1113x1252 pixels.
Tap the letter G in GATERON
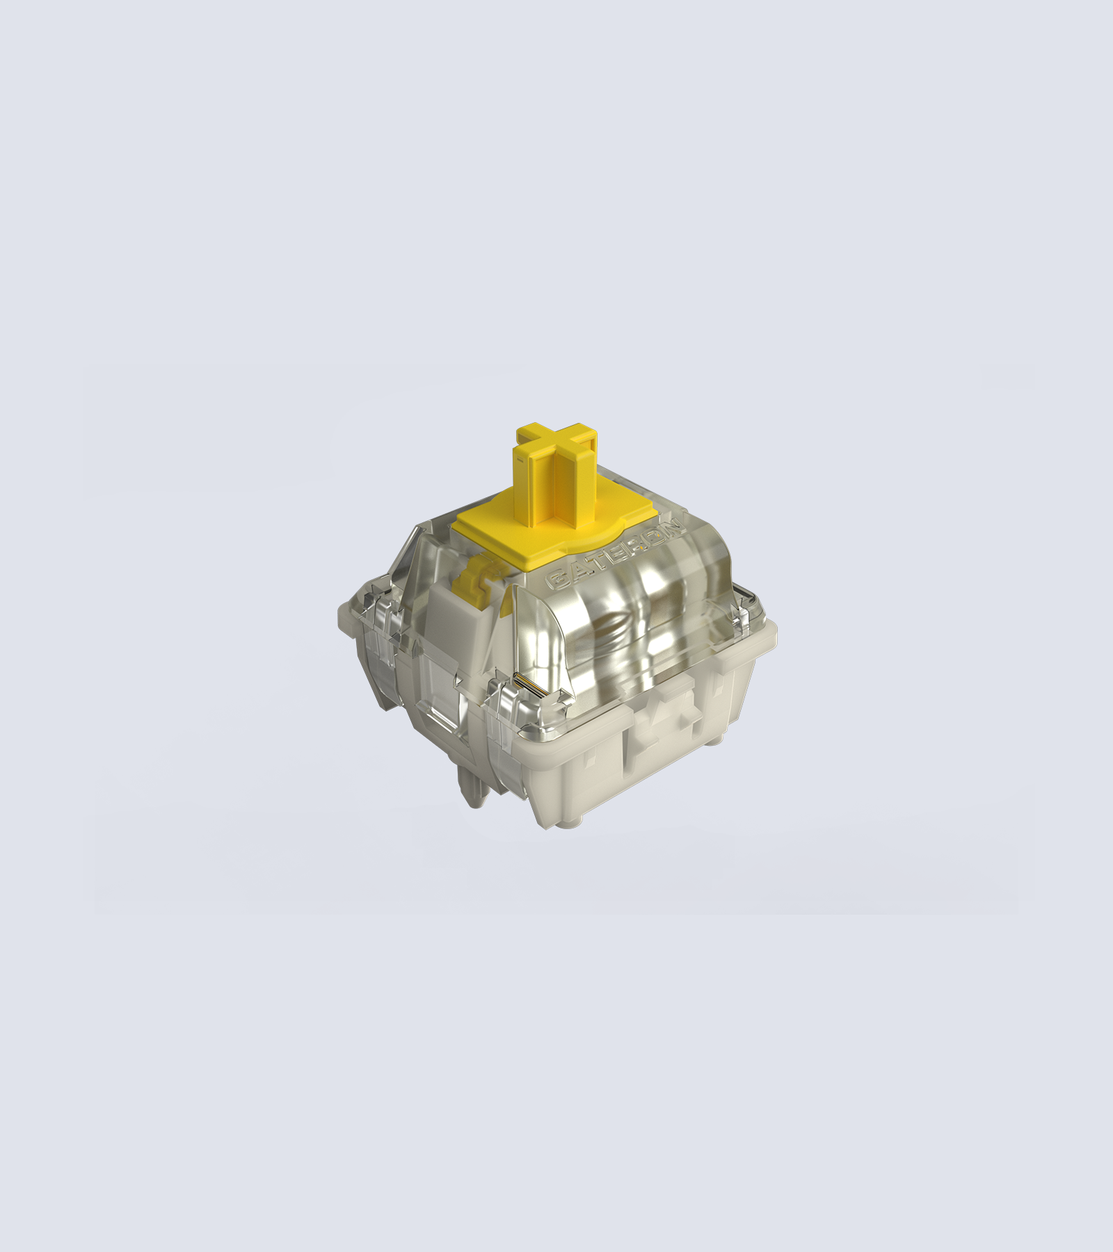click(x=556, y=580)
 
